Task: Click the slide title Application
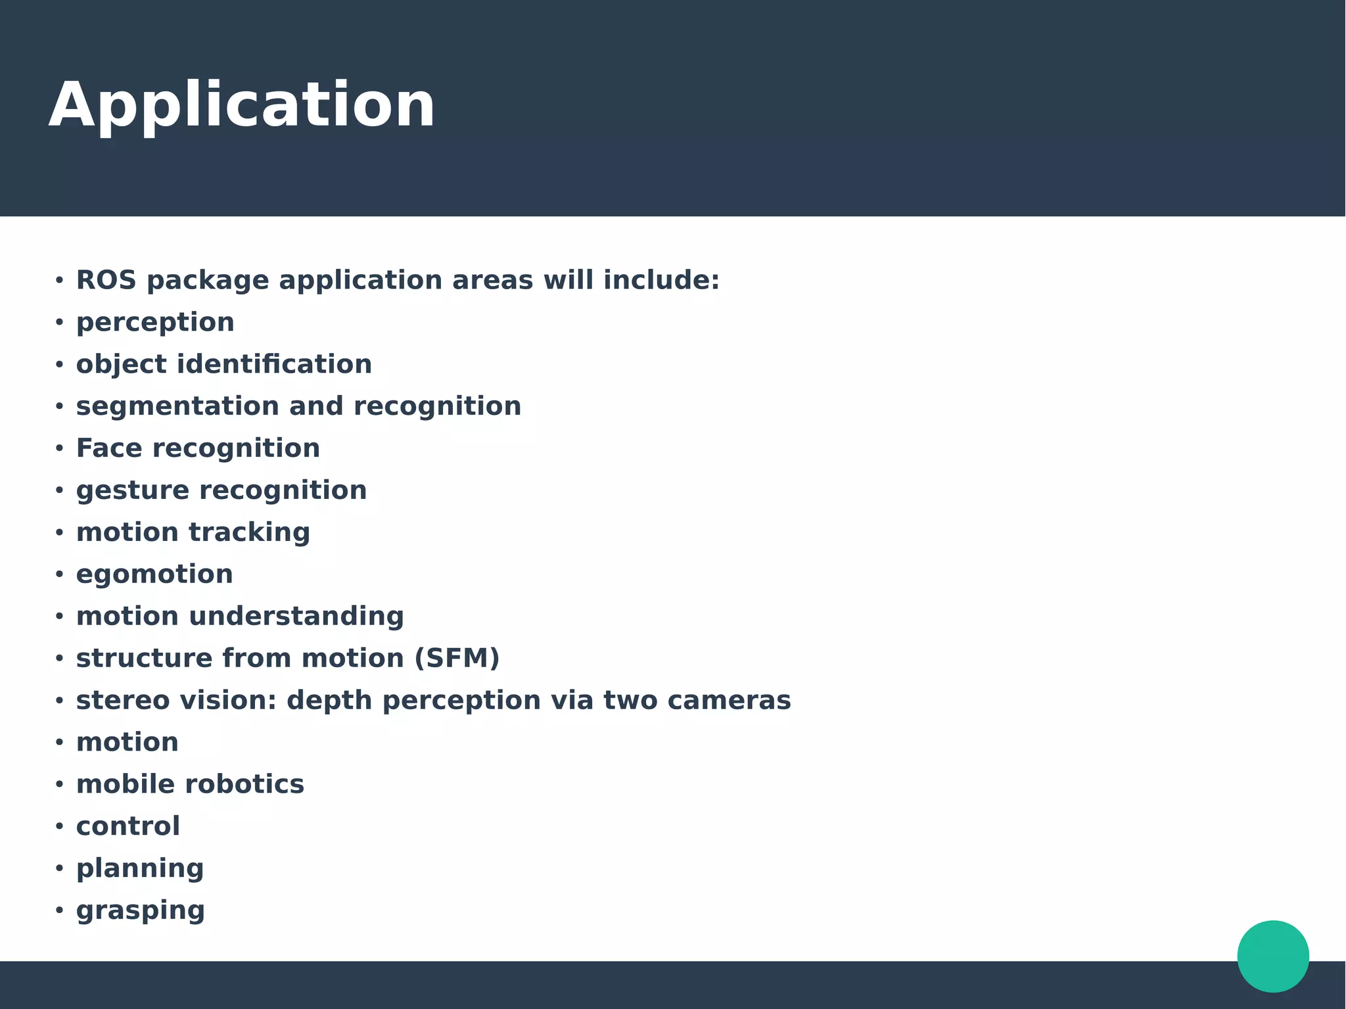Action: [x=242, y=105]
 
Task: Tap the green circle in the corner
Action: [x=1272, y=956]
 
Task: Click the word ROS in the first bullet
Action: [x=106, y=280]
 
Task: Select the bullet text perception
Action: [x=155, y=323]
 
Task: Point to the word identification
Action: [x=274, y=364]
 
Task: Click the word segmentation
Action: [x=177, y=406]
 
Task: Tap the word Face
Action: [x=109, y=448]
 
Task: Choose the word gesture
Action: [x=133, y=490]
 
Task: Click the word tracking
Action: [x=249, y=532]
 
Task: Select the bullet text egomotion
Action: [x=154, y=575]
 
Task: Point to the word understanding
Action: [x=296, y=617]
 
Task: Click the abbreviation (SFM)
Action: [x=457, y=658]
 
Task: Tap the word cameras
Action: [x=728, y=700]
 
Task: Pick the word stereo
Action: [x=123, y=700]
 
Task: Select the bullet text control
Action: [x=128, y=826]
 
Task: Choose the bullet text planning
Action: [x=140, y=868]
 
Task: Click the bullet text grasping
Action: [x=141, y=910]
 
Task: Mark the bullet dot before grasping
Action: [x=59, y=910]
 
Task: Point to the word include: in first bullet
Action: [x=661, y=280]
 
